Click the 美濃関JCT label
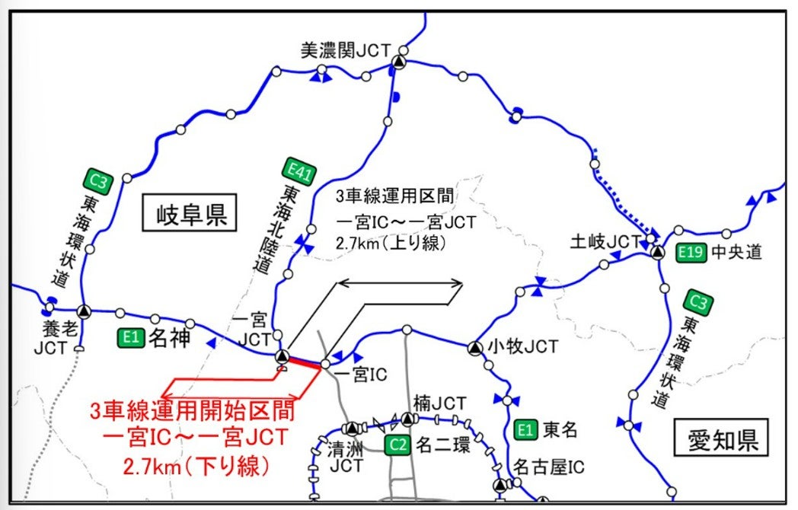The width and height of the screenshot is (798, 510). pos(344,49)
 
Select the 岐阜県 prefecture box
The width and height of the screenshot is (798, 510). pos(188,214)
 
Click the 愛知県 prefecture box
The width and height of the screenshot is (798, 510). pos(720,441)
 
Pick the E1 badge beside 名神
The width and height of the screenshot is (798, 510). pos(130,336)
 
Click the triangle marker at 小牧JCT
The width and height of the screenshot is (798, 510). pos(474,348)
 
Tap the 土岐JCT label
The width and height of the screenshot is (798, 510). pos(605,241)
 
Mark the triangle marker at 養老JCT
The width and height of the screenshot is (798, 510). pos(83,311)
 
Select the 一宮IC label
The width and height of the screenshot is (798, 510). pos(360,375)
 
